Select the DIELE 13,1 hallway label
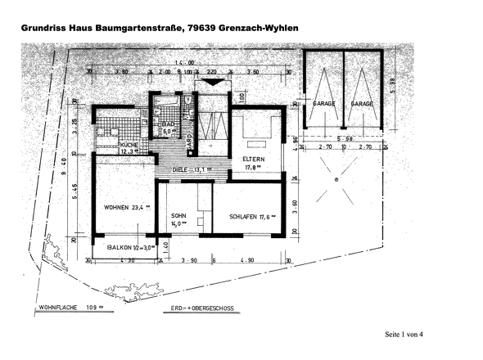(191, 170)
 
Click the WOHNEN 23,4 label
(124, 208)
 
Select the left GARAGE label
(324, 105)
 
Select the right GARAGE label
(362, 105)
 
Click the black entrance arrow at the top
(210, 83)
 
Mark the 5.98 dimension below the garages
(343, 138)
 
